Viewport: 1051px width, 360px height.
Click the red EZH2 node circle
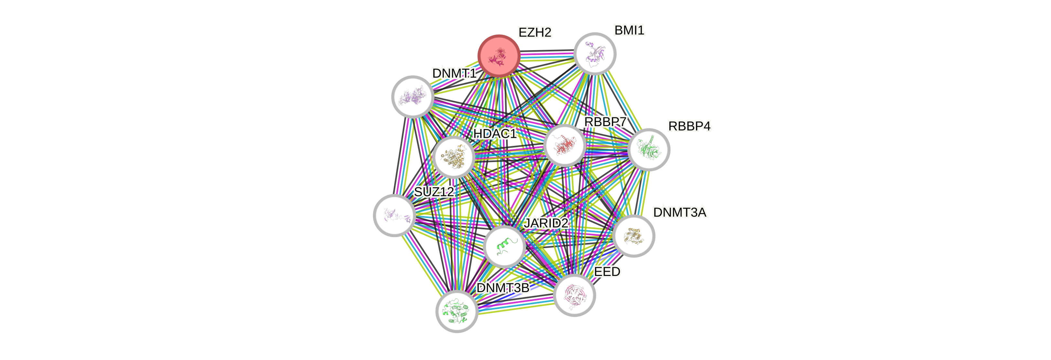499,56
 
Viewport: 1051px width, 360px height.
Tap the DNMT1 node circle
413,97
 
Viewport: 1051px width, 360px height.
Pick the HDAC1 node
454,157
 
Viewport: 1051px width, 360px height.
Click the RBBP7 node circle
565,146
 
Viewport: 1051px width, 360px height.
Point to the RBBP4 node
649,149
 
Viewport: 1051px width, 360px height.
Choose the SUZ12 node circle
394,215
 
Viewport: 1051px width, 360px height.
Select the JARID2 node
504,246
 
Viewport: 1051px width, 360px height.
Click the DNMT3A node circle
634,236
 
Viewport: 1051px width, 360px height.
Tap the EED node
574,295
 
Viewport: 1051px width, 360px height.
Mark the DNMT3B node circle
457,311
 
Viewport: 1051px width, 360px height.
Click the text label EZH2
535,32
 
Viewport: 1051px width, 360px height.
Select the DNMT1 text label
454,73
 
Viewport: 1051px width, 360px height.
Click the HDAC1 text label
495,134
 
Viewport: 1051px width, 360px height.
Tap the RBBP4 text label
689,126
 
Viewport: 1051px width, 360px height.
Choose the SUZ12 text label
434,191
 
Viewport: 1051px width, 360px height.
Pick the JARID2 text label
546,223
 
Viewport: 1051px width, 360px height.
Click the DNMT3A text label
680,212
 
